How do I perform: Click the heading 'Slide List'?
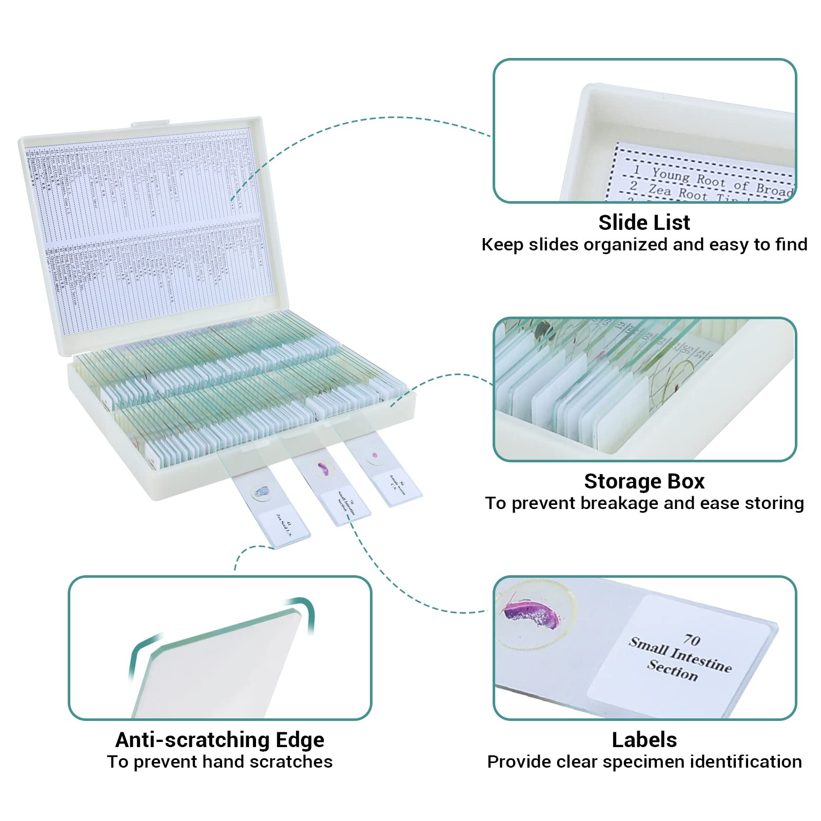click(x=644, y=223)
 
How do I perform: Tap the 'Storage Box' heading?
click(x=644, y=481)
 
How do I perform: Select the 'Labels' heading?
click(x=644, y=740)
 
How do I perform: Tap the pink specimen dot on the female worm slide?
click(x=375, y=455)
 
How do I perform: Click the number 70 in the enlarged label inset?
click(x=691, y=639)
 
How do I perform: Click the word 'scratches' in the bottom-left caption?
click(x=295, y=762)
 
